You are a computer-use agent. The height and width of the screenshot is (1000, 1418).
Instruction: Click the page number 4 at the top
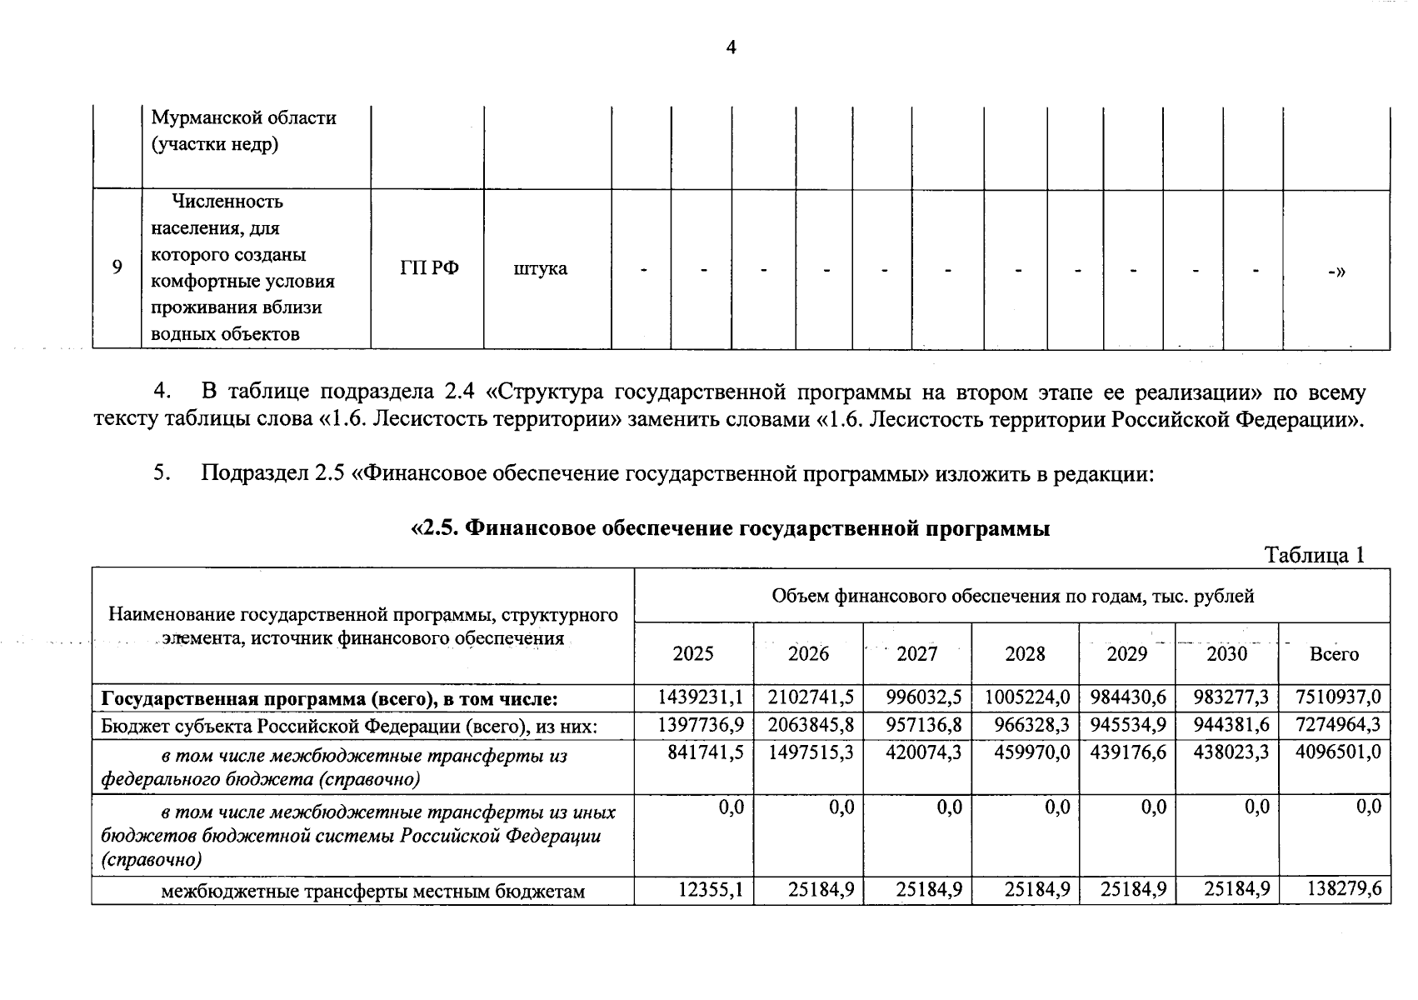coord(731,47)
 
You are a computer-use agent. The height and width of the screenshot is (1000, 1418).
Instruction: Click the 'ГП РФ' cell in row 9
coord(429,268)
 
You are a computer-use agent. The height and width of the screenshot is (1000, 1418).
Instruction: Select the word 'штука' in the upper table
coord(541,268)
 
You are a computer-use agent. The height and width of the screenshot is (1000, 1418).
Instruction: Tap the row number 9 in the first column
coord(117,267)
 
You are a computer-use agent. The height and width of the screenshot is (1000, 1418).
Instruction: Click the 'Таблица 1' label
coord(1315,555)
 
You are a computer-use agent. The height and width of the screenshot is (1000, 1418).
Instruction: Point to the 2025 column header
coord(693,654)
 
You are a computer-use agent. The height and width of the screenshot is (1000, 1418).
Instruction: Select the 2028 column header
coord(1025,654)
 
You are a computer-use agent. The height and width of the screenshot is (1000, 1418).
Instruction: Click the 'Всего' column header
coord(1334,654)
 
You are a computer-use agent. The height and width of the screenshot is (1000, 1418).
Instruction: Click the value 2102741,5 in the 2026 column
coord(811,697)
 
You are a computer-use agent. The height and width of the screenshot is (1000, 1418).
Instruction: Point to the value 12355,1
coord(710,890)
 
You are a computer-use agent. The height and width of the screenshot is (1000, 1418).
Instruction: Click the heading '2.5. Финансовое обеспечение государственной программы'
coord(731,528)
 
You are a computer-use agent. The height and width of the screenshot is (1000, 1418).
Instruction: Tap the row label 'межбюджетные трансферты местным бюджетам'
coord(372,892)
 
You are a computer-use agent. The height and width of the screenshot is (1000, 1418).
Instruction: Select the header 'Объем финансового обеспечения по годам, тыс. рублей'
coord(1012,596)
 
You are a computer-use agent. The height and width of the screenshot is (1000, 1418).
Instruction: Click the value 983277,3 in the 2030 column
coord(1231,697)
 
